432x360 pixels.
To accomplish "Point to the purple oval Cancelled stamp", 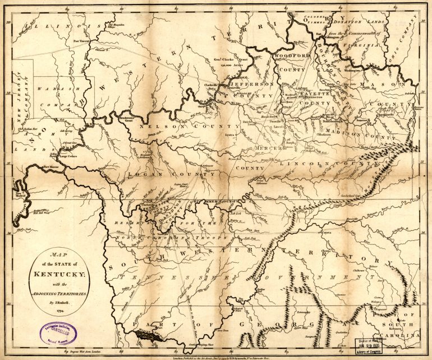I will click(60, 334).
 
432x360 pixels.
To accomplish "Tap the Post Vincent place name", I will click(82, 41).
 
